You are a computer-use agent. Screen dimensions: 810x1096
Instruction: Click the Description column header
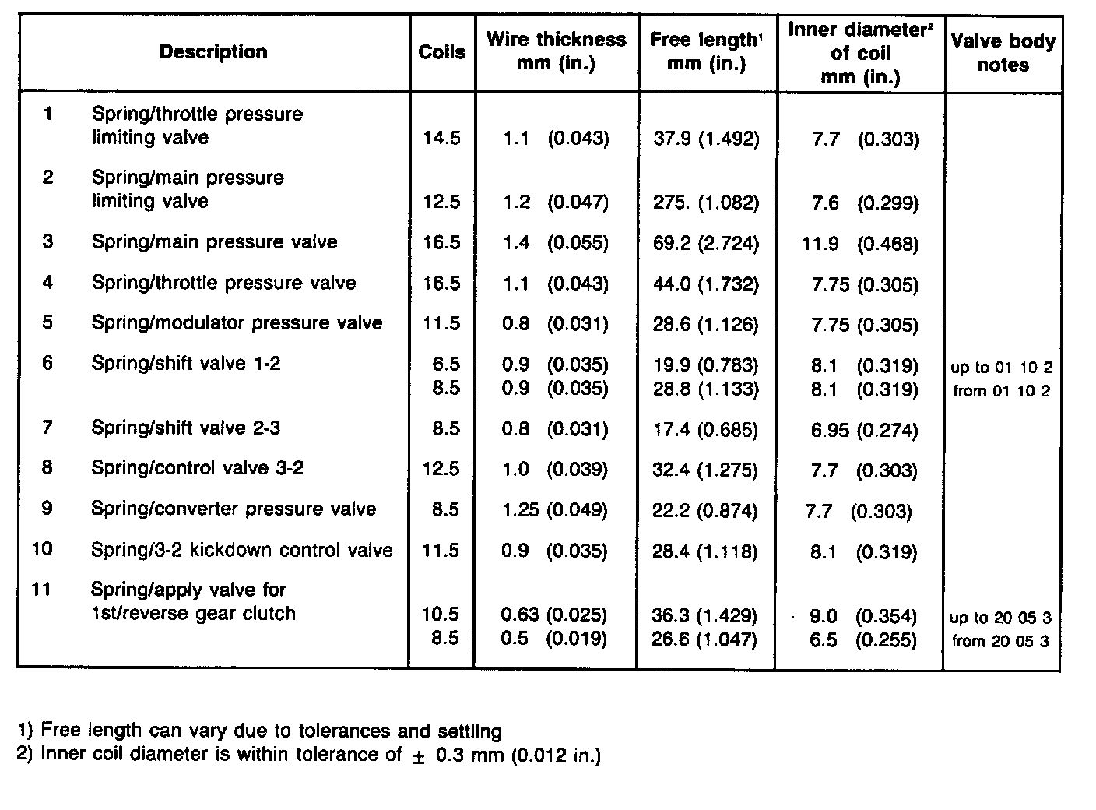point(213,52)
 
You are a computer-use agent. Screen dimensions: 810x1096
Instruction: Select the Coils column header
point(441,52)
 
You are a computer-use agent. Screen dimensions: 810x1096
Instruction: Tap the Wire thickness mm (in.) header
point(556,51)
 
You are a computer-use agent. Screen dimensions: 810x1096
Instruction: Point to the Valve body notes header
point(1003,53)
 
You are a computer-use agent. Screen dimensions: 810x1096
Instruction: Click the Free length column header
point(706,51)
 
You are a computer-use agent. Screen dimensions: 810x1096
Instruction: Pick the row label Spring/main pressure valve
point(214,241)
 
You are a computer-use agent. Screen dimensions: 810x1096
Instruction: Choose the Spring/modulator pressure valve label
point(237,322)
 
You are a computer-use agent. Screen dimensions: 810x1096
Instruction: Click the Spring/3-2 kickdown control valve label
point(241,550)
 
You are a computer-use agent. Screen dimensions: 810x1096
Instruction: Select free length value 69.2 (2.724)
point(705,243)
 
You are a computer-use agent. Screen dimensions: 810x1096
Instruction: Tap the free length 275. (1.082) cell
point(705,202)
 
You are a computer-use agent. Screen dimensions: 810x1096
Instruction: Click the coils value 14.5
point(441,139)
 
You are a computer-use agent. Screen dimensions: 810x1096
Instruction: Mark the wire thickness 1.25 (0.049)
point(554,510)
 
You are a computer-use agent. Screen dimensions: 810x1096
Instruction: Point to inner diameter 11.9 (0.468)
point(859,244)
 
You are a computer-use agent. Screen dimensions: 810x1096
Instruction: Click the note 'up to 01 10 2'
point(1001,367)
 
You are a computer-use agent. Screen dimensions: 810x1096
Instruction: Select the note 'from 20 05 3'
point(1001,642)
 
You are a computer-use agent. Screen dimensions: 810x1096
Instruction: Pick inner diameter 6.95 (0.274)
point(863,430)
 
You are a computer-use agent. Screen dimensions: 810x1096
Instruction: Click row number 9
point(47,508)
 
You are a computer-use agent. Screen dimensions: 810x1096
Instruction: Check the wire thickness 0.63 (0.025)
point(553,615)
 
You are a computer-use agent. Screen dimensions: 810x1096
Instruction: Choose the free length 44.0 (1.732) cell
point(705,283)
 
